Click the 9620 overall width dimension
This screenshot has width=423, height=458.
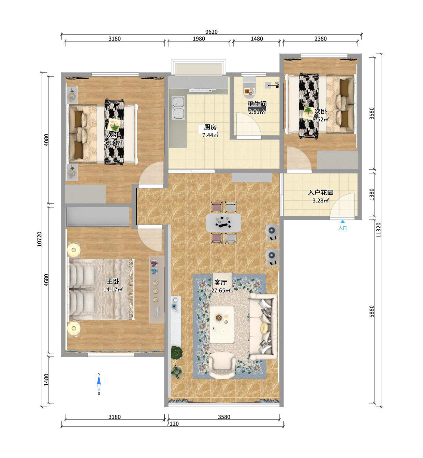click(211, 32)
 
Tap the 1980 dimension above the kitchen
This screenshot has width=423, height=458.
click(199, 39)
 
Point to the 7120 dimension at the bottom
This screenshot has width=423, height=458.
click(173, 424)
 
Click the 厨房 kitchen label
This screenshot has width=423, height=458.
click(210, 127)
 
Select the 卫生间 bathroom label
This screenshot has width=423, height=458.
click(257, 104)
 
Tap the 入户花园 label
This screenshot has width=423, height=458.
click(320, 193)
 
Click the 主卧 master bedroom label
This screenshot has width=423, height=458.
click(113, 281)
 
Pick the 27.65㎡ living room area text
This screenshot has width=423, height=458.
click(221, 290)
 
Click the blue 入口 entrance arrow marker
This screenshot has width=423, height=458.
click(342, 222)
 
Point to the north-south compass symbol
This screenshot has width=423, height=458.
click(99, 384)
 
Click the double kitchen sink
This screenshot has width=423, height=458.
click(178, 108)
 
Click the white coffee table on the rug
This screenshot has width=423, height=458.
click(222, 324)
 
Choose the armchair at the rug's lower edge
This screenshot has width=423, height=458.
click(222, 366)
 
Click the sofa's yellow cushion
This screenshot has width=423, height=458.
click(265, 328)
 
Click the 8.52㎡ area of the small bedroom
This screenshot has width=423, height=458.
click(320, 119)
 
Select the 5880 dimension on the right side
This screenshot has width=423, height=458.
click(371, 311)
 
